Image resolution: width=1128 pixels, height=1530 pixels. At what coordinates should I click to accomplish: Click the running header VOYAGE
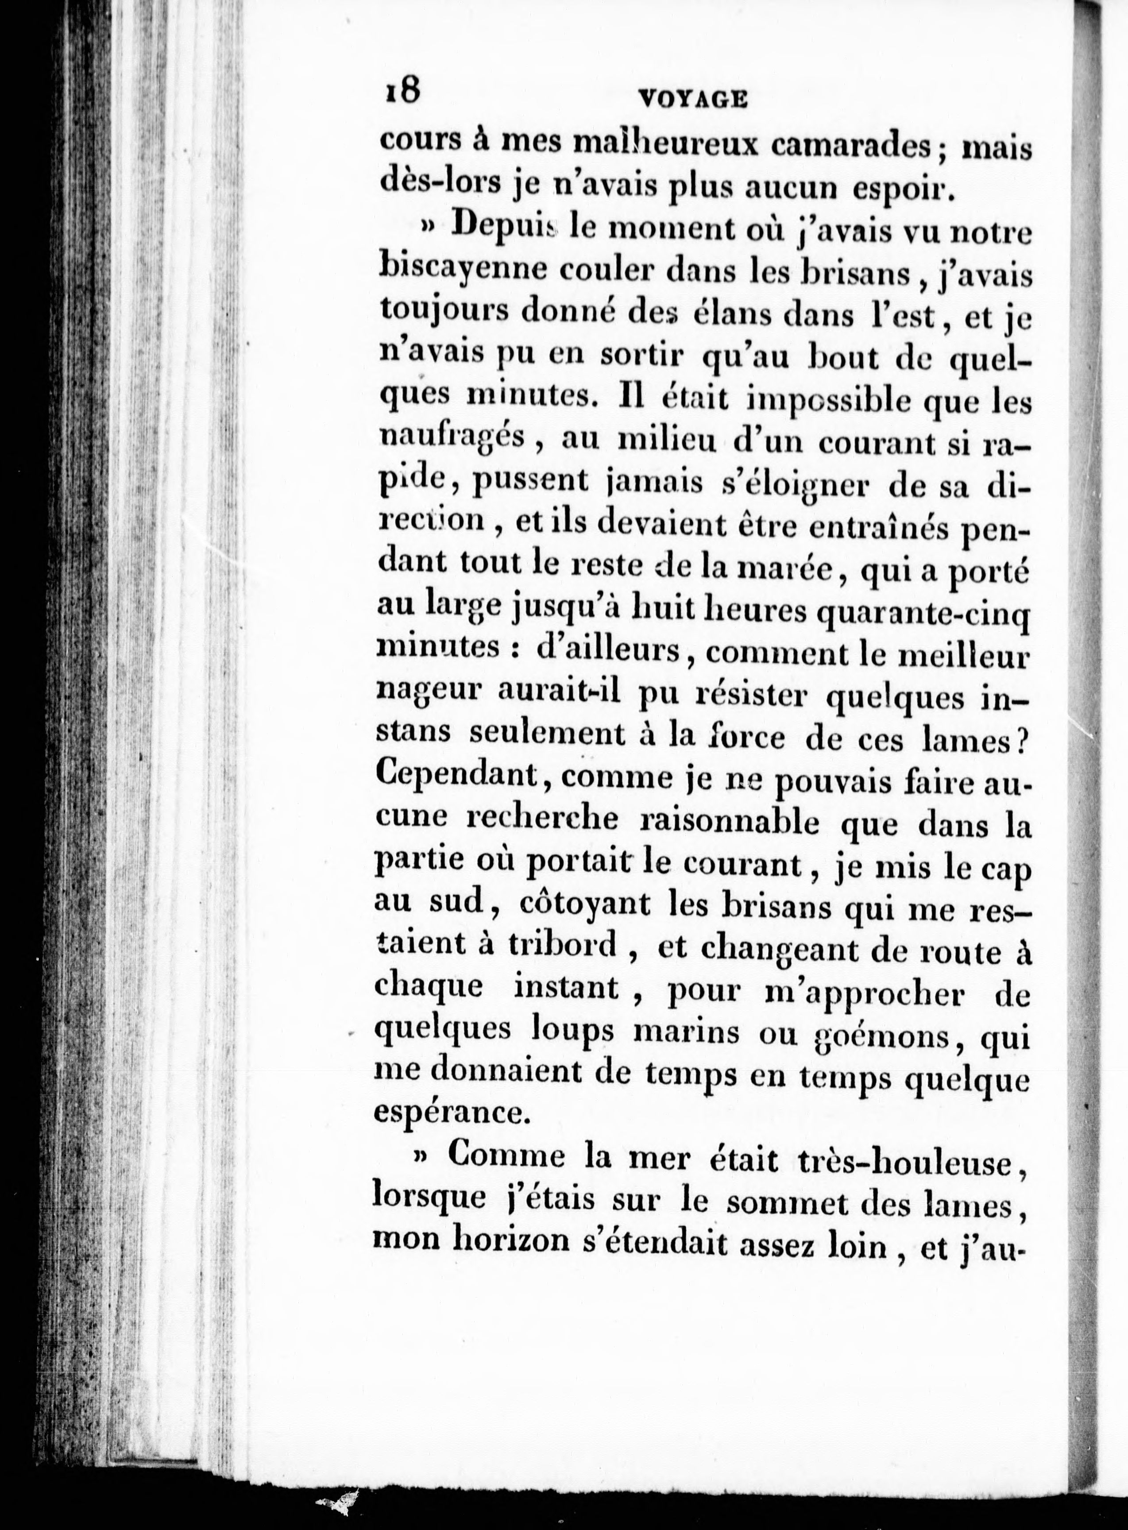[x=693, y=100]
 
